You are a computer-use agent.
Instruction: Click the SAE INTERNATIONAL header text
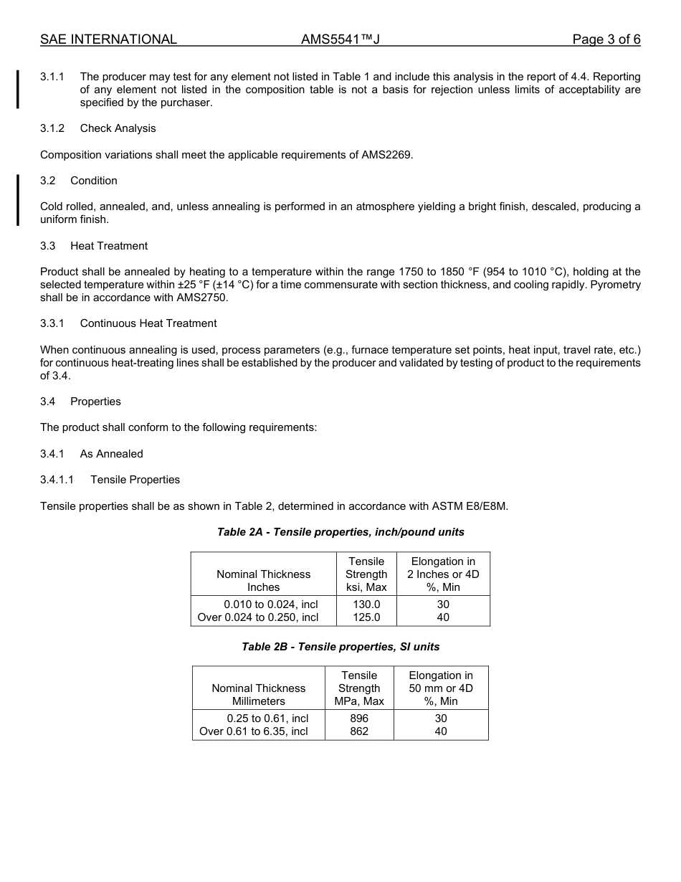pyautogui.click(x=108, y=39)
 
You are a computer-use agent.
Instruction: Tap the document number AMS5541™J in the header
pyautogui.click(x=340, y=39)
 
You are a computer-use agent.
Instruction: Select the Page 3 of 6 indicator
pyautogui.click(x=606, y=39)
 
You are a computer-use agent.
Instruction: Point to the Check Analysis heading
pyautogui.click(x=118, y=128)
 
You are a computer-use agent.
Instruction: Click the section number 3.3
pyautogui.click(x=48, y=246)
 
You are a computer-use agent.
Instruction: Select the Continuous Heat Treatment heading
pyautogui.click(x=148, y=323)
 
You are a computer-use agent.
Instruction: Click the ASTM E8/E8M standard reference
pyautogui.click(x=470, y=506)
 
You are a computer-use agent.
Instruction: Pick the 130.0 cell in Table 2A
pyautogui.click(x=366, y=604)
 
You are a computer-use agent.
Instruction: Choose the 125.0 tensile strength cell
pyautogui.click(x=366, y=617)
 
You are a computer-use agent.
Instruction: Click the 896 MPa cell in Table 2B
pyautogui.click(x=359, y=719)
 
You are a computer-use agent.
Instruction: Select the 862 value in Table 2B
pyautogui.click(x=359, y=731)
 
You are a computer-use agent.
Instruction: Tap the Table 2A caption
pyautogui.click(x=340, y=532)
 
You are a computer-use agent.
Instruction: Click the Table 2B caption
pyautogui.click(x=340, y=647)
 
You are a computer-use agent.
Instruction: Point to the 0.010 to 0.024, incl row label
pyautogui.click(x=270, y=604)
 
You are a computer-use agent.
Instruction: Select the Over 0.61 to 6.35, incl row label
pyautogui.click(x=254, y=731)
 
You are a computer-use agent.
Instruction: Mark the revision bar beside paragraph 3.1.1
pyautogui.click(x=18, y=89)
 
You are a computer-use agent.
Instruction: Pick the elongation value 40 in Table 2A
pyautogui.click(x=443, y=617)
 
